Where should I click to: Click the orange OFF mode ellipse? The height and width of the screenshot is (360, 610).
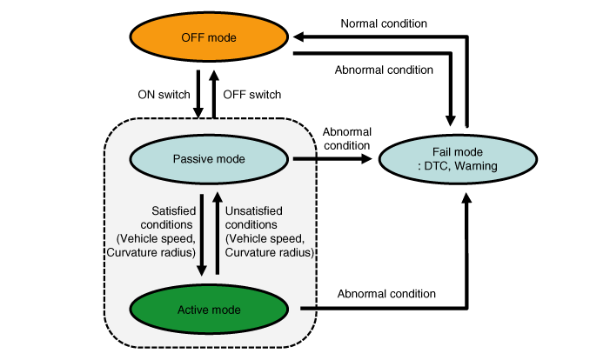pos(210,39)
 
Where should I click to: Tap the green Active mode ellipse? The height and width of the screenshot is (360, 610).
pos(210,310)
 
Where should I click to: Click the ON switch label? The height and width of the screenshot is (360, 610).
pos(161,93)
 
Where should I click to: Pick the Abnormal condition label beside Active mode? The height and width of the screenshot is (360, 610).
pos(385,293)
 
